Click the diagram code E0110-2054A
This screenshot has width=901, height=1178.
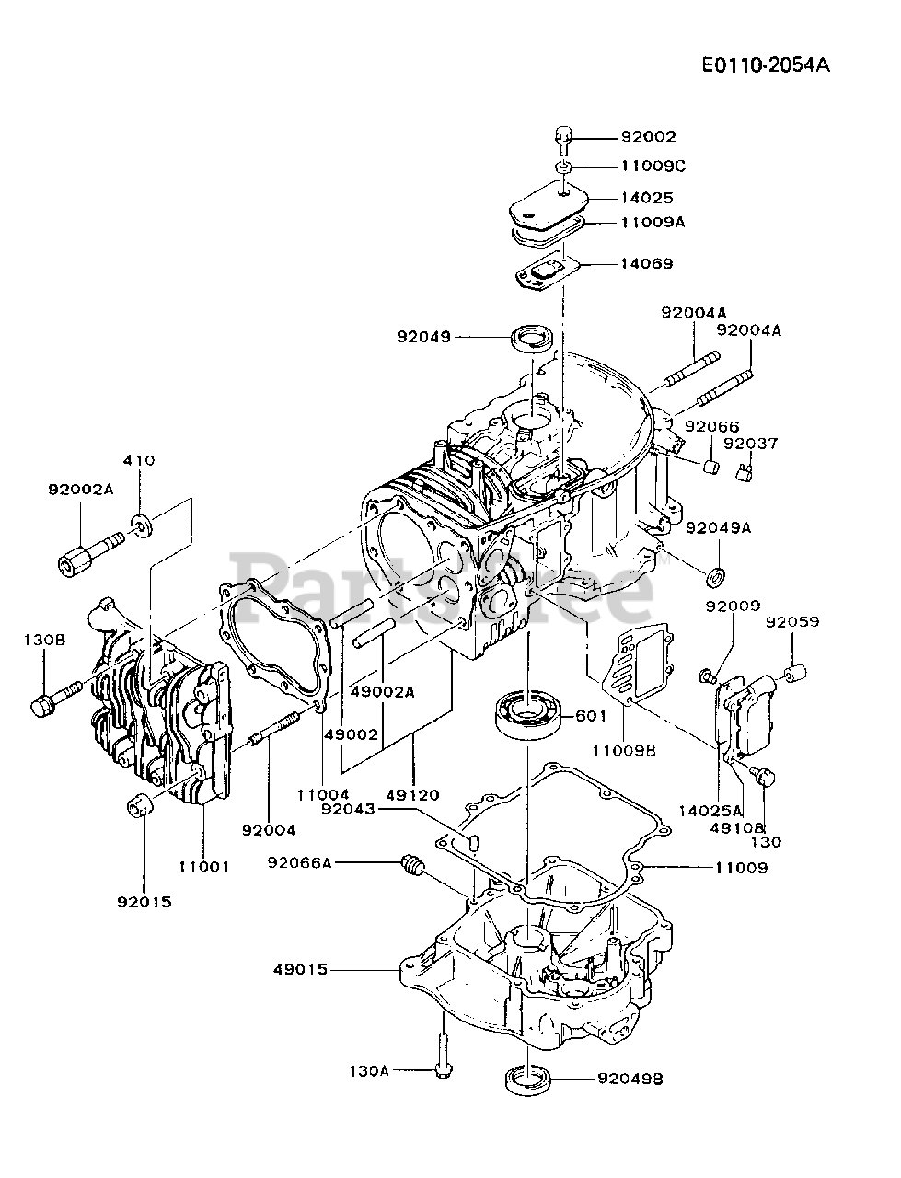[x=766, y=65]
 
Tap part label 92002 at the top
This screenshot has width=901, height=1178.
[x=648, y=137]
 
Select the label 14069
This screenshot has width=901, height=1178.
[x=647, y=263]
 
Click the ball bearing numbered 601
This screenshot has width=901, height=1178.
[x=528, y=716]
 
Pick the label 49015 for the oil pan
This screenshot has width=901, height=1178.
[x=300, y=970]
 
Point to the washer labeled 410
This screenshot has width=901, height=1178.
[x=142, y=525]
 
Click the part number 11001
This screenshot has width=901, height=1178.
[x=204, y=867]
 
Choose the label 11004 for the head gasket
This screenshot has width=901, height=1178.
[x=323, y=794]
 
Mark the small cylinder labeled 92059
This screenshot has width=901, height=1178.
[x=794, y=672]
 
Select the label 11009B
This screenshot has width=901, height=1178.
[x=625, y=750]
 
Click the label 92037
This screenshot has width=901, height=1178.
[x=750, y=444]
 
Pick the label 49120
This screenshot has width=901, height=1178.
[x=412, y=794]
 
